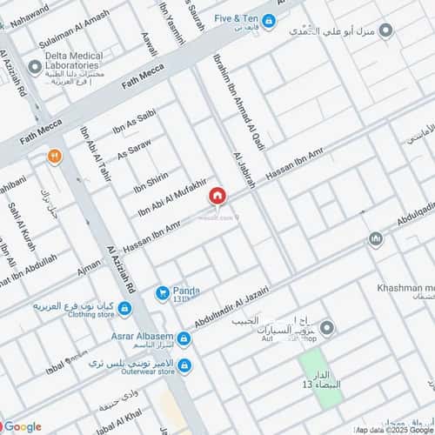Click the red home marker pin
pyautogui.click(x=216, y=198)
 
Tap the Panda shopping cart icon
pyautogui.click(x=162, y=294)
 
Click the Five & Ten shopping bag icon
pyautogui.click(x=270, y=21)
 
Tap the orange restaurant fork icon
pyautogui.click(x=55, y=157)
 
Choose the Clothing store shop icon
pyautogui.click(x=124, y=308)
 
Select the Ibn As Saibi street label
pyautogui.click(x=134, y=125)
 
